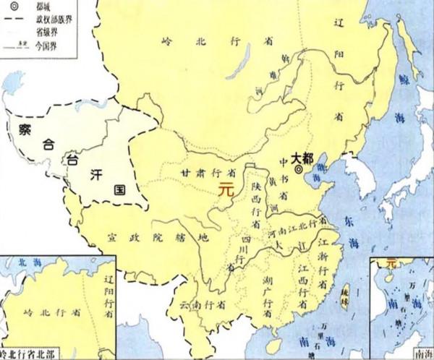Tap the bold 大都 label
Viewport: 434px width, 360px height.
click(302, 157)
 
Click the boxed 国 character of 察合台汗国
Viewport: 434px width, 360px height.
click(119, 189)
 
